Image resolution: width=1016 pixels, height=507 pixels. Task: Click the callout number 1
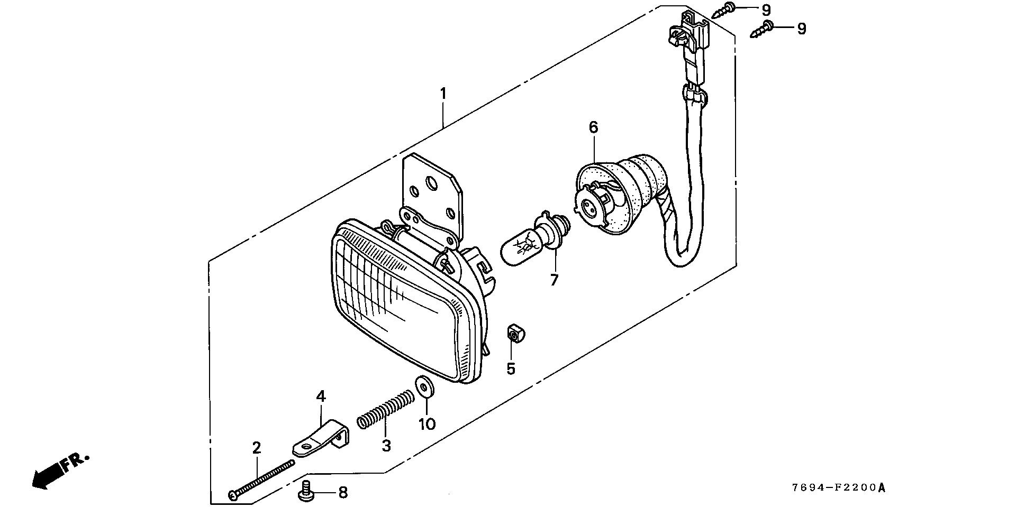(443, 94)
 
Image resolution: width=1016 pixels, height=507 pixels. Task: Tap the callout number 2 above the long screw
(257, 448)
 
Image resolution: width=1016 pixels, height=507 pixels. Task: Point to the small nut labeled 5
(513, 334)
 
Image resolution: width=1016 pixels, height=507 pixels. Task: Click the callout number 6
(593, 127)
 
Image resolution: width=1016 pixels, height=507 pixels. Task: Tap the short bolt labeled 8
(306, 492)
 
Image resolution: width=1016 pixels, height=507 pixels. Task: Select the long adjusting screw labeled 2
(262, 478)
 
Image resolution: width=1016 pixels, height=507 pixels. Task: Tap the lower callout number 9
(802, 29)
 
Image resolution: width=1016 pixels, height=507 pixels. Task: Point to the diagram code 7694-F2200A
(838, 487)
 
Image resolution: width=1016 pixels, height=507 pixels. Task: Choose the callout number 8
(342, 493)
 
